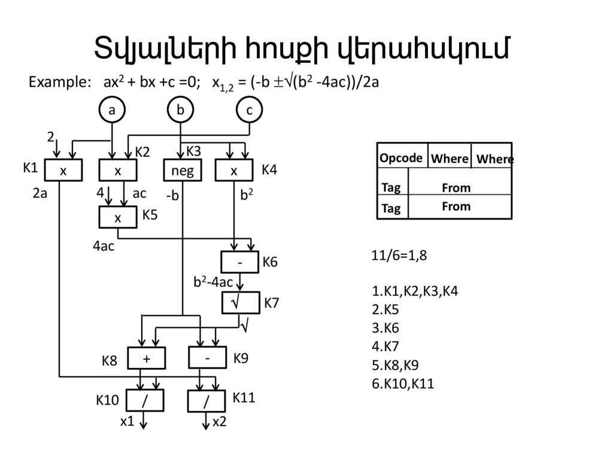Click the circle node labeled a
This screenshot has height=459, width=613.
(111, 111)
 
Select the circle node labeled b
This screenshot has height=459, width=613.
(180, 111)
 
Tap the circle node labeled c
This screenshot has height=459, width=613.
(249, 111)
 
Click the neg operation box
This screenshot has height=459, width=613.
(183, 171)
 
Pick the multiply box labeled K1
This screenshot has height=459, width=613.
(62, 171)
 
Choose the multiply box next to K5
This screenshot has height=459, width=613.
(117, 218)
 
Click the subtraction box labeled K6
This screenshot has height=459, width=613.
(239, 262)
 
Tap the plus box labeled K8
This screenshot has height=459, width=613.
(146, 358)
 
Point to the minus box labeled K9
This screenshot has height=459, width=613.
(207, 358)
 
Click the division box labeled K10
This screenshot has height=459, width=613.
(145, 401)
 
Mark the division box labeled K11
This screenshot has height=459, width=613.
(207, 401)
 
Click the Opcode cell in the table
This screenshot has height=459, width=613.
(401, 158)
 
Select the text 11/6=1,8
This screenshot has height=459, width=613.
(399, 256)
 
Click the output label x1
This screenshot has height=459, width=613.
(127, 422)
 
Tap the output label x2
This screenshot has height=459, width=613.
(220, 422)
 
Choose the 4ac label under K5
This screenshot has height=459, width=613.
(103, 246)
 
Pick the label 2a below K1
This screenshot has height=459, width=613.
(40, 194)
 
